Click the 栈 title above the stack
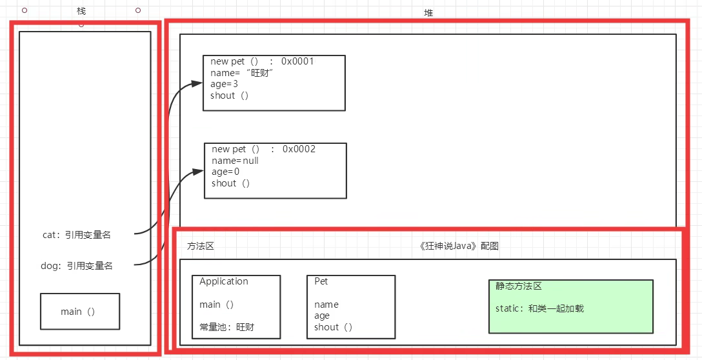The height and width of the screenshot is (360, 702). [81, 12]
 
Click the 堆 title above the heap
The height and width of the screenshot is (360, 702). [428, 13]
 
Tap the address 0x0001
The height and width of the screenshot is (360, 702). [297, 61]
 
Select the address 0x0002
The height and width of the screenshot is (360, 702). [299, 149]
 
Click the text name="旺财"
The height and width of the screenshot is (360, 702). [243, 73]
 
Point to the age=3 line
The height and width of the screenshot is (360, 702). [224, 84]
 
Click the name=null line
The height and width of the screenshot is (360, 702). [235, 160]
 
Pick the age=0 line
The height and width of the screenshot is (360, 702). [225, 172]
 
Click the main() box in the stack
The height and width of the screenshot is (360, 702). [79, 311]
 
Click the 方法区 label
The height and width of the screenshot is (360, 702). [200, 246]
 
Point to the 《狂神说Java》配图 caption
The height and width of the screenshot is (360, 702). [458, 246]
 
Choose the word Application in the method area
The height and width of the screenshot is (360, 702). [223, 281]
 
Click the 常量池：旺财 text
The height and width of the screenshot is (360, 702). [226, 327]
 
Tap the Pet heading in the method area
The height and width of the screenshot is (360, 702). [321, 281]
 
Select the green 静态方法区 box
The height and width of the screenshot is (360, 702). [570, 306]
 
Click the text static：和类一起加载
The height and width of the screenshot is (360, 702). [539, 308]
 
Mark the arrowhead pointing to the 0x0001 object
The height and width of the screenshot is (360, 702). [197, 84]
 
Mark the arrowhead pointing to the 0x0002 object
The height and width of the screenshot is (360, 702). [198, 172]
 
